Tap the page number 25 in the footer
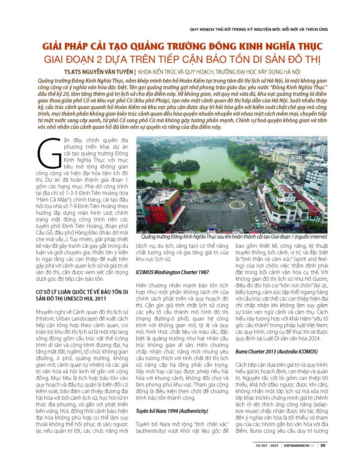click(322, 445)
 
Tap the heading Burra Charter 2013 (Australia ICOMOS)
click(277, 351)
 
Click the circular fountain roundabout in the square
click(237, 204)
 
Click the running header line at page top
click(258, 29)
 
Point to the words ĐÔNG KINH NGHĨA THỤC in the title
click(252, 47)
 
